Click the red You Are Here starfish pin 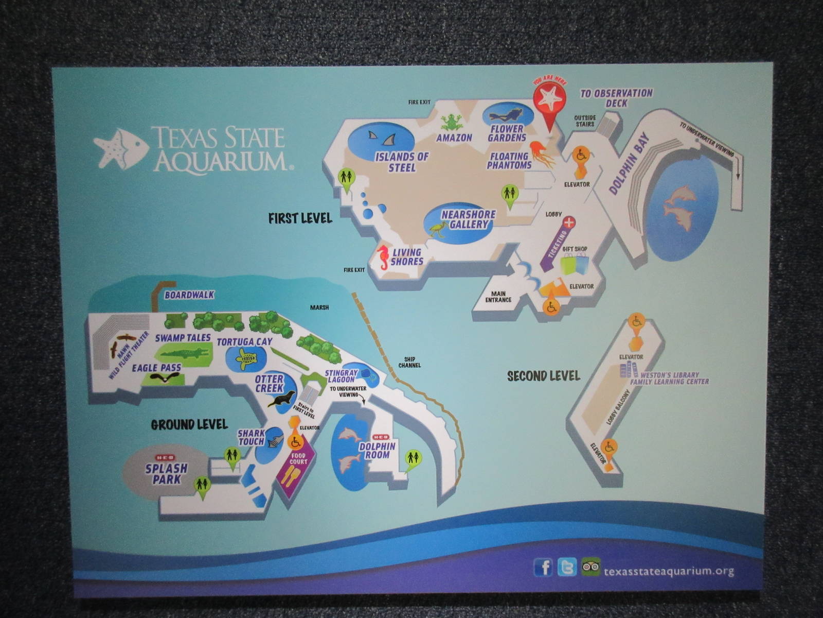(x=549, y=101)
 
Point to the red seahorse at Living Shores (x=384, y=258)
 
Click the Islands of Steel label (x=402, y=162)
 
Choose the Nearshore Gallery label (x=469, y=219)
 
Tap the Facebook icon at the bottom (x=543, y=567)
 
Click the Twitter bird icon (x=567, y=567)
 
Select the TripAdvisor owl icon (x=591, y=567)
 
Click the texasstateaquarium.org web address (x=669, y=571)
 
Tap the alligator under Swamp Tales (x=185, y=354)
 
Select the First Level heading (x=300, y=218)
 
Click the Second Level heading (x=543, y=376)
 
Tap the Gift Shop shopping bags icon (x=574, y=263)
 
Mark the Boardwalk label (x=189, y=295)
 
